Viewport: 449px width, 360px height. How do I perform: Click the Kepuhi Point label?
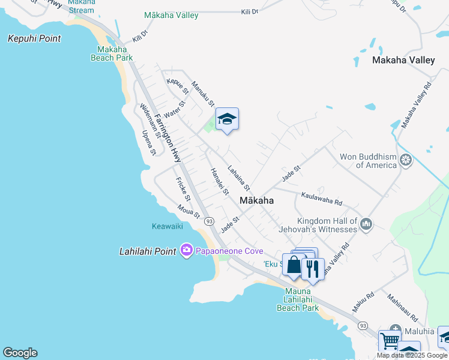click(34, 38)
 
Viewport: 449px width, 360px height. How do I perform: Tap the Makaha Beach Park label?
click(112, 53)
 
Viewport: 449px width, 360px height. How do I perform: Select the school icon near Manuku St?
click(227, 119)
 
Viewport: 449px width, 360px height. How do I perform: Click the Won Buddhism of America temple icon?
click(406, 160)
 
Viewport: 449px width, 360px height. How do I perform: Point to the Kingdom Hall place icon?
click(366, 225)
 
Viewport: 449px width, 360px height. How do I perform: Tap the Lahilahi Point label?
click(148, 251)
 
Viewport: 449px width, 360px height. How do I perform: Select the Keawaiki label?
click(167, 226)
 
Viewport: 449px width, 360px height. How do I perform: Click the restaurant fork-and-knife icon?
click(313, 269)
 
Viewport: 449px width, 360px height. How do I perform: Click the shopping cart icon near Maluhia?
click(390, 341)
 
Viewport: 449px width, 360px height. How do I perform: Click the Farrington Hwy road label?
click(167, 137)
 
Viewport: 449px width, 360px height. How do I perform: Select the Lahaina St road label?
click(238, 178)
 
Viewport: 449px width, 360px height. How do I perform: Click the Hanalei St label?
click(220, 181)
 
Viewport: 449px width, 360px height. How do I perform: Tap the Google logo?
click(20, 353)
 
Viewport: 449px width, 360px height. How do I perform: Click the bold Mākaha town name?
click(256, 201)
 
